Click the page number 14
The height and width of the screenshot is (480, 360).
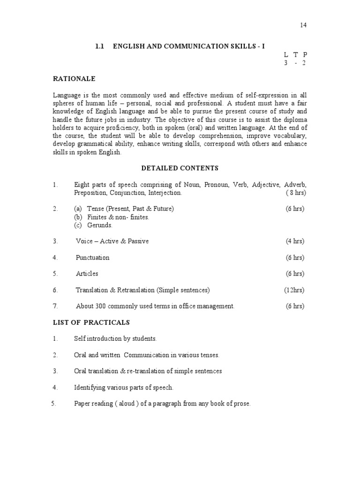click(x=303, y=25)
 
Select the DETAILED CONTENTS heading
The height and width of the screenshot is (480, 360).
click(x=180, y=168)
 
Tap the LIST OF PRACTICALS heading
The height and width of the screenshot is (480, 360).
click(x=91, y=322)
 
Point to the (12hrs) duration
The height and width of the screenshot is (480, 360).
click(x=294, y=290)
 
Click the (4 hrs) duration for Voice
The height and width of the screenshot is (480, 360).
click(x=295, y=241)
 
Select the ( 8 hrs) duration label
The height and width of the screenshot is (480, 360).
click(x=296, y=193)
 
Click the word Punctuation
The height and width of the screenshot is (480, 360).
click(x=92, y=257)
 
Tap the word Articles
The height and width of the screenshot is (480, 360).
click(x=87, y=274)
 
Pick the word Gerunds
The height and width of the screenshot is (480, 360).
click(x=99, y=225)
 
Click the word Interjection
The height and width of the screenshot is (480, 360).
click(x=164, y=193)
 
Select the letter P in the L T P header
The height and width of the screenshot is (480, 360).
click(x=305, y=55)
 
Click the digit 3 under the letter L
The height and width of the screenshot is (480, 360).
click(x=285, y=63)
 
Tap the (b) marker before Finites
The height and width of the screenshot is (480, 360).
click(x=78, y=217)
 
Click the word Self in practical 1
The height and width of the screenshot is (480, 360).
click(x=79, y=338)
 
